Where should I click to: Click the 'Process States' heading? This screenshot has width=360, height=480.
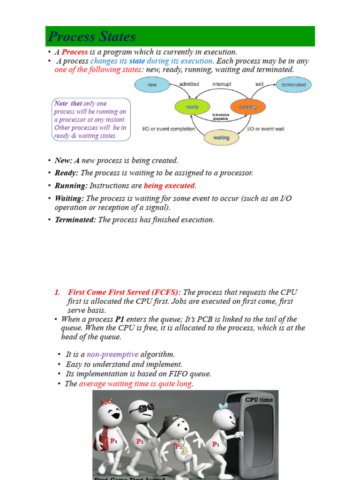[x=92, y=37]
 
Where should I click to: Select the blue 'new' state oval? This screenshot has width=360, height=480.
[x=152, y=85]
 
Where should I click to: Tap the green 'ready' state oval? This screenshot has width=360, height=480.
[x=192, y=107]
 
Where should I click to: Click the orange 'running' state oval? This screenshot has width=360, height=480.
[x=248, y=107]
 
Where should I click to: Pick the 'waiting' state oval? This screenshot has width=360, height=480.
[x=221, y=138]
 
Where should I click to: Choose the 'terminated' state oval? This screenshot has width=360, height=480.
[x=293, y=85]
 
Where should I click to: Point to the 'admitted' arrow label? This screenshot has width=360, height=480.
[x=189, y=84]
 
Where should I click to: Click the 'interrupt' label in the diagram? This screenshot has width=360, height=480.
[x=222, y=84]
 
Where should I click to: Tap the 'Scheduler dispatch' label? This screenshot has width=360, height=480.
[x=221, y=117]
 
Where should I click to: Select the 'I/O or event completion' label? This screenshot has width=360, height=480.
[x=168, y=129]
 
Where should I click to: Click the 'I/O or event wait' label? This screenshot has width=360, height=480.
[x=265, y=129]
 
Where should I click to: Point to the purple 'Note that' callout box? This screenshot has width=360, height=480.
[x=90, y=120]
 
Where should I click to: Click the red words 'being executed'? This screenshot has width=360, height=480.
[x=169, y=186]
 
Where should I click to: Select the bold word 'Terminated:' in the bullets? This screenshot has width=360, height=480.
[x=75, y=220]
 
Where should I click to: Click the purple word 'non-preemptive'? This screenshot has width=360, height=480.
[x=112, y=354]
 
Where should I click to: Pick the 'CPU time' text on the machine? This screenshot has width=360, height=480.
[x=259, y=400]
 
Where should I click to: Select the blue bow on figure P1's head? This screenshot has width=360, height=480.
[x=223, y=406]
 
